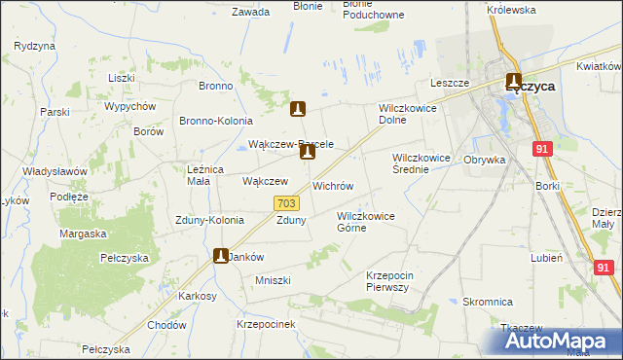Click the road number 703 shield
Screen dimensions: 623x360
click(x=286, y=203)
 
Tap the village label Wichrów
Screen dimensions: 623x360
click(x=332, y=185)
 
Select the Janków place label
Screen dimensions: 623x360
click(x=247, y=257)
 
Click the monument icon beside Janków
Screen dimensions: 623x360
click(x=221, y=256)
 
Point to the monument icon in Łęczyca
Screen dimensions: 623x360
click(x=513, y=83)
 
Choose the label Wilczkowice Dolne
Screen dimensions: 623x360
click(x=405, y=114)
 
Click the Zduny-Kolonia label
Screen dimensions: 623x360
click(x=209, y=220)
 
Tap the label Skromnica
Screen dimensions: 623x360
click(x=488, y=302)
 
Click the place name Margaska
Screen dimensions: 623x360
click(x=83, y=234)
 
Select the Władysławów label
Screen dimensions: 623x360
click(x=55, y=171)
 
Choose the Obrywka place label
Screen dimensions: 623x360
click(x=484, y=159)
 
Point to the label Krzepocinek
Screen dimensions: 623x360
click(x=265, y=323)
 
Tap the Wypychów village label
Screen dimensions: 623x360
click(x=130, y=106)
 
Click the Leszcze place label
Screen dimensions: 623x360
click(x=451, y=84)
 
